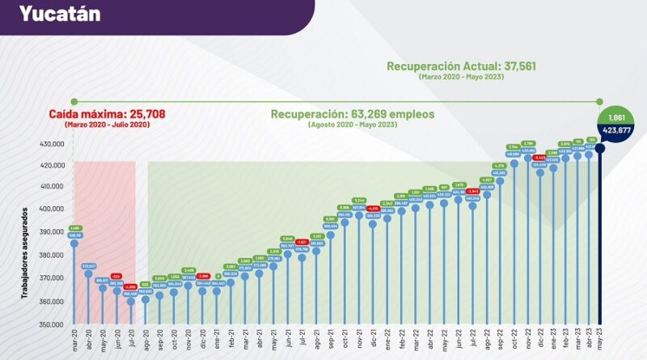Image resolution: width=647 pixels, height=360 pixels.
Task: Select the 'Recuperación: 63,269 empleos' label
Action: [353, 114]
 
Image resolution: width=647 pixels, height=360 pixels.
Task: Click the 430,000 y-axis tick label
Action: [51, 144]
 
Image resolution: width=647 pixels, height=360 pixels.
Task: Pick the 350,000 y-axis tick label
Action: [51, 324]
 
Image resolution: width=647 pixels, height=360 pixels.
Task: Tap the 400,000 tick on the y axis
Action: [51, 209]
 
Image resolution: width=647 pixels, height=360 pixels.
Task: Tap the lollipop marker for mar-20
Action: [74, 244]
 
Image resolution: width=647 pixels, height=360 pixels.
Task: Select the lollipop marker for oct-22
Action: [514, 163]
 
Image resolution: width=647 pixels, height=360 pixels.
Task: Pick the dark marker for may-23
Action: [600, 148]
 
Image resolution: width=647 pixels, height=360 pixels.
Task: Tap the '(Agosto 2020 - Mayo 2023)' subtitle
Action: [353, 125]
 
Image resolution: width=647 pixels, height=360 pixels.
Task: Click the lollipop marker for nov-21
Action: [359, 215]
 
